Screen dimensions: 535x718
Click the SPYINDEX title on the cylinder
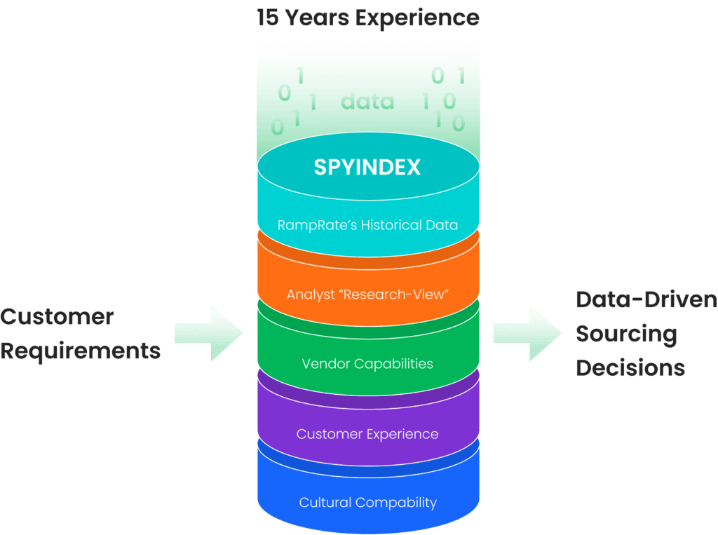pos(367,168)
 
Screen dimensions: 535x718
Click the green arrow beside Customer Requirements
pos(208,333)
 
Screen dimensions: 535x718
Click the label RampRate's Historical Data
pos(367,225)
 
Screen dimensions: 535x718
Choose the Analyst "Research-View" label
pos(367,294)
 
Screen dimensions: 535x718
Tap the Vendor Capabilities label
pos(367,364)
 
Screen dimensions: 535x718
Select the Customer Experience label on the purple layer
pos(367,434)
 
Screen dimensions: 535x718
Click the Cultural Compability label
pos(367,503)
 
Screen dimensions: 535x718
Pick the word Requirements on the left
pos(81,350)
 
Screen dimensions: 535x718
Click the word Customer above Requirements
pos(57,316)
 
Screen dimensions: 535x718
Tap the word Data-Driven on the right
pos(646,300)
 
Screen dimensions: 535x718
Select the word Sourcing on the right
pos(626,334)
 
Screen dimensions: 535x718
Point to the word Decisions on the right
pos(630,367)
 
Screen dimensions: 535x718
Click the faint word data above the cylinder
pos(367,102)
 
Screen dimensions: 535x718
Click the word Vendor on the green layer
pos(325,364)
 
